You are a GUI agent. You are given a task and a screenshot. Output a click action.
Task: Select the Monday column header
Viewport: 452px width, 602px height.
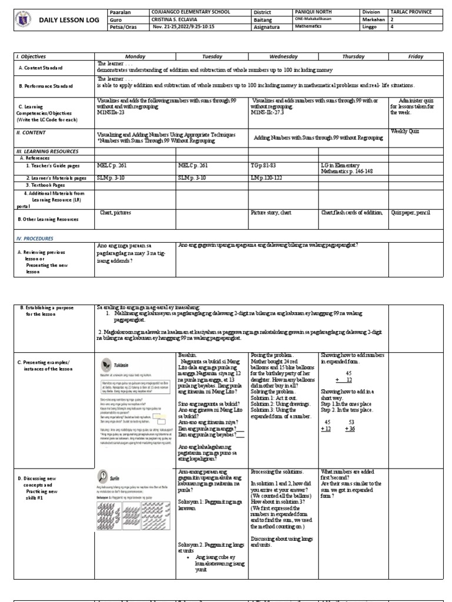pos(135,56)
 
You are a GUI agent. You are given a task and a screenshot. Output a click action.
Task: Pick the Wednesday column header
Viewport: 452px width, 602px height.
pos(284,56)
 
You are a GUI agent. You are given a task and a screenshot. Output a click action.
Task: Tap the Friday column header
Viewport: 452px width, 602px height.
pos(416,56)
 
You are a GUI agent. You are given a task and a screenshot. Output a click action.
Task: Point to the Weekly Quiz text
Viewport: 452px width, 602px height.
pos(405,132)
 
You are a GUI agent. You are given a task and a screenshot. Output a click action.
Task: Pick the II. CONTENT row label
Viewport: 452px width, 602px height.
pos(31,133)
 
